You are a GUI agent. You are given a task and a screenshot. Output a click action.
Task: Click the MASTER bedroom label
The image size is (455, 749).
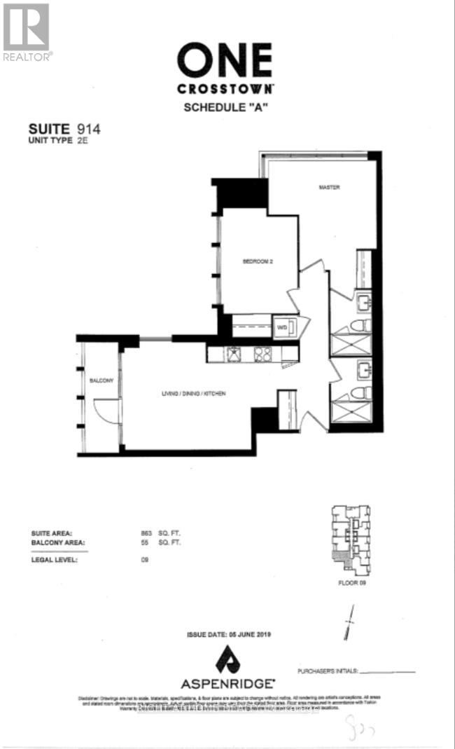pos(330,187)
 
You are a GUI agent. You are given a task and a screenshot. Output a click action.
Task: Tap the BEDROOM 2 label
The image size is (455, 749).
pos(257,262)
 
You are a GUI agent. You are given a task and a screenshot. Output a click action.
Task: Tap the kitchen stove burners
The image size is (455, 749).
pos(263,355)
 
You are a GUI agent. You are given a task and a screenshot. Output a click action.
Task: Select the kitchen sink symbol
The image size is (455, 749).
pos(232,355)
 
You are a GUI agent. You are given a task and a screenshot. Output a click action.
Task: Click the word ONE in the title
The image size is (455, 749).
pos(224,61)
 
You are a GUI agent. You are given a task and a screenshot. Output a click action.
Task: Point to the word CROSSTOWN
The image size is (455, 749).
pos(224,90)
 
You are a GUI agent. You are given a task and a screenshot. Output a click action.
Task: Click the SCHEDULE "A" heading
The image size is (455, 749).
pos(224,107)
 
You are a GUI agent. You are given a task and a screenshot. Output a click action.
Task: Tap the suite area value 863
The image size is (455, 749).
pos(146,534)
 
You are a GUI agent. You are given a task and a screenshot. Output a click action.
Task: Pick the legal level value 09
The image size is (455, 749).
pos(145,559)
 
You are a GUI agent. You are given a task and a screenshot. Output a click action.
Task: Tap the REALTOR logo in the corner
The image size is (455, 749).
pos(27,32)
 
